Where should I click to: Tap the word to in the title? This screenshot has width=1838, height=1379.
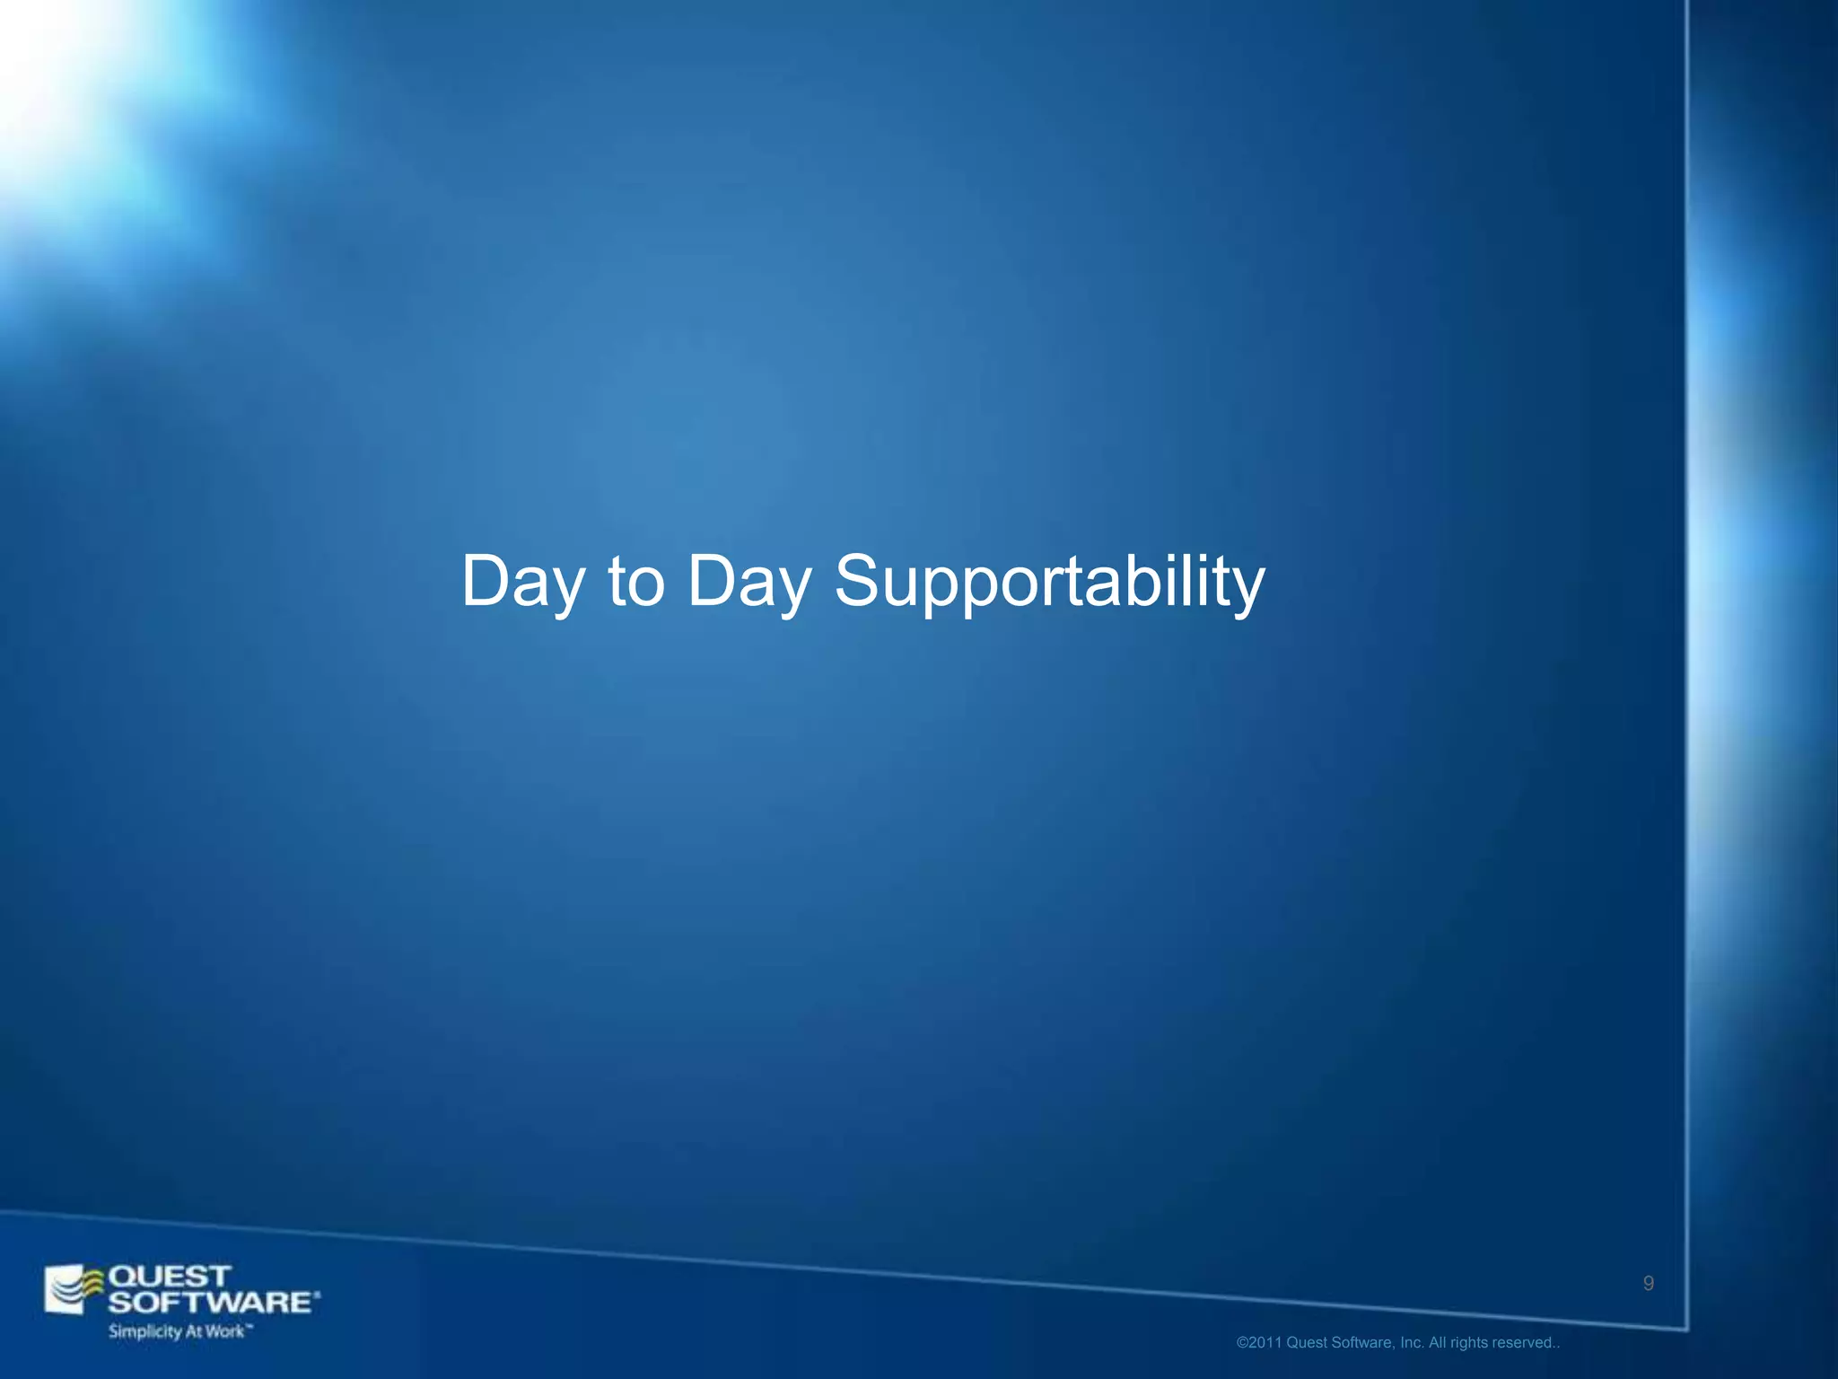tap(636, 582)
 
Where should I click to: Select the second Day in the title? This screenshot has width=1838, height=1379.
tap(748, 582)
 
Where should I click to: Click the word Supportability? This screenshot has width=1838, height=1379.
tap(1049, 582)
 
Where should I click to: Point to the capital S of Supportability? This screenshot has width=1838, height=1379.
tap(859, 580)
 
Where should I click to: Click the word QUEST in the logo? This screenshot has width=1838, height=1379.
tap(169, 1276)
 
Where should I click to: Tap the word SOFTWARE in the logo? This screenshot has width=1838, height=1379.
tap(209, 1302)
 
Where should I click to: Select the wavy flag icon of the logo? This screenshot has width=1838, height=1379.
tap(74, 1290)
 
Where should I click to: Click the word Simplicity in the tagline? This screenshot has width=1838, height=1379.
tap(144, 1331)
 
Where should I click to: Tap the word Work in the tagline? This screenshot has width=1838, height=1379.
tap(223, 1331)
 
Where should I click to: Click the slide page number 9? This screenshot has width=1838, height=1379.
tap(1649, 1284)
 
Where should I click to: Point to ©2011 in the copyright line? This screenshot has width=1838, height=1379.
tap(1259, 1343)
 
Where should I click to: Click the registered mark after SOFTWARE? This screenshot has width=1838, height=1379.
tap(317, 1295)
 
